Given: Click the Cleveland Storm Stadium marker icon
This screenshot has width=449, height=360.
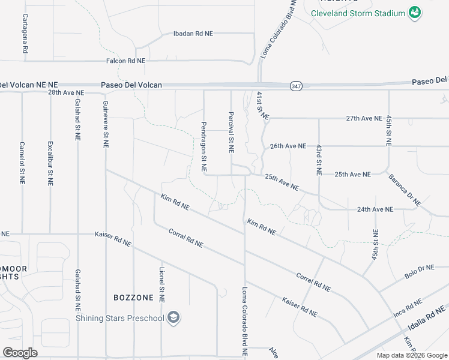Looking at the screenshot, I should tap(414, 12).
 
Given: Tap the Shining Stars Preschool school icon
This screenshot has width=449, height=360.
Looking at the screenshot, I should tap(173, 317).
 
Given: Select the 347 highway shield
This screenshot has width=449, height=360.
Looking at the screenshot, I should tap(295, 85).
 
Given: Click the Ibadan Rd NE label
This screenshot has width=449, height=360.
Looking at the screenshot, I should tap(193, 34).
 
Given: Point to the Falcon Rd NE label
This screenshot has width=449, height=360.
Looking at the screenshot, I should tap(125, 61).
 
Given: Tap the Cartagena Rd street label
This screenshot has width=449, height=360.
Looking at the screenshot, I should tap(25, 34).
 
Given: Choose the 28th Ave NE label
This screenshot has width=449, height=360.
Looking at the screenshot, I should tap(66, 93).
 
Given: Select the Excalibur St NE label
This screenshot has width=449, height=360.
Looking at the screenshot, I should tap(50, 161).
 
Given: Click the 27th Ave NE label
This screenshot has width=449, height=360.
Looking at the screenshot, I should tap(364, 119).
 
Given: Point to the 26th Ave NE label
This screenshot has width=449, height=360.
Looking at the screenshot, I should tap(288, 146).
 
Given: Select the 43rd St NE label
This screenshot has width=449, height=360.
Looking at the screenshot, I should tap(319, 159).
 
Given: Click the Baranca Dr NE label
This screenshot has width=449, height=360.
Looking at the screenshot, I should tap(405, 190).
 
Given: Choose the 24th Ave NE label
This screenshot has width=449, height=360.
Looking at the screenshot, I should tap(375, 209).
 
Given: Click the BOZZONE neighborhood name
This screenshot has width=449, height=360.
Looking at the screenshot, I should tap(133, 298).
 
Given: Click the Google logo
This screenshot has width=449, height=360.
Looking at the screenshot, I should tap(20, 352).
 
